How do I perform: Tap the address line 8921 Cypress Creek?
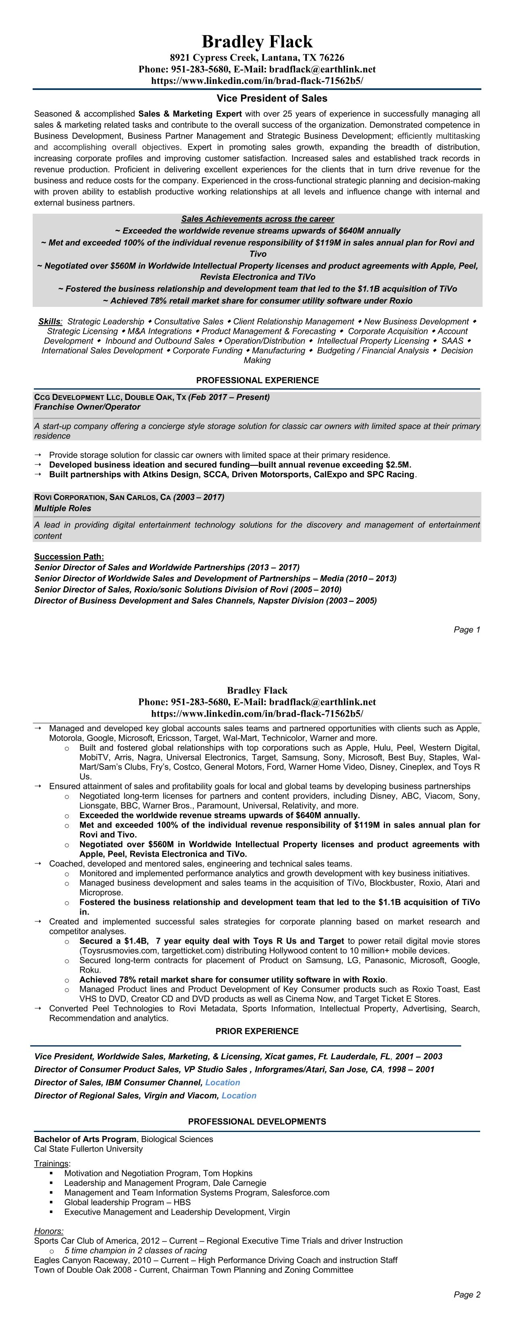pos(257,57)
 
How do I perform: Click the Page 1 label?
pos(466,630)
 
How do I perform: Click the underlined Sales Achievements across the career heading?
pos(258,219)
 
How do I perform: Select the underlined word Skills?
pos(50,321)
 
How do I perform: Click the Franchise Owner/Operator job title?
pos(87,407)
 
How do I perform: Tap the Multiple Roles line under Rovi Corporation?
pos(62,508)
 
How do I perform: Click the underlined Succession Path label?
pos(69,557)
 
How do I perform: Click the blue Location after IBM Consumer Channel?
pos(223,1082)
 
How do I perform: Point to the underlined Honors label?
pos(48,1231)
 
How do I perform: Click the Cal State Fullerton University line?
pos(88,1149)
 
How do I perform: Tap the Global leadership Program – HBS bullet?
pos(127,1202)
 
